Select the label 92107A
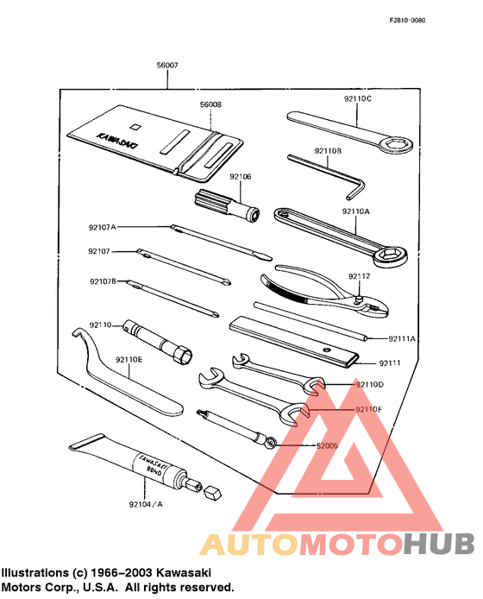click(x=102, y=227)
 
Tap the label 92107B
click(x=103, y=281)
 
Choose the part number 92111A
click(x=402, y=339)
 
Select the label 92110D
click(x=368, y=383)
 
